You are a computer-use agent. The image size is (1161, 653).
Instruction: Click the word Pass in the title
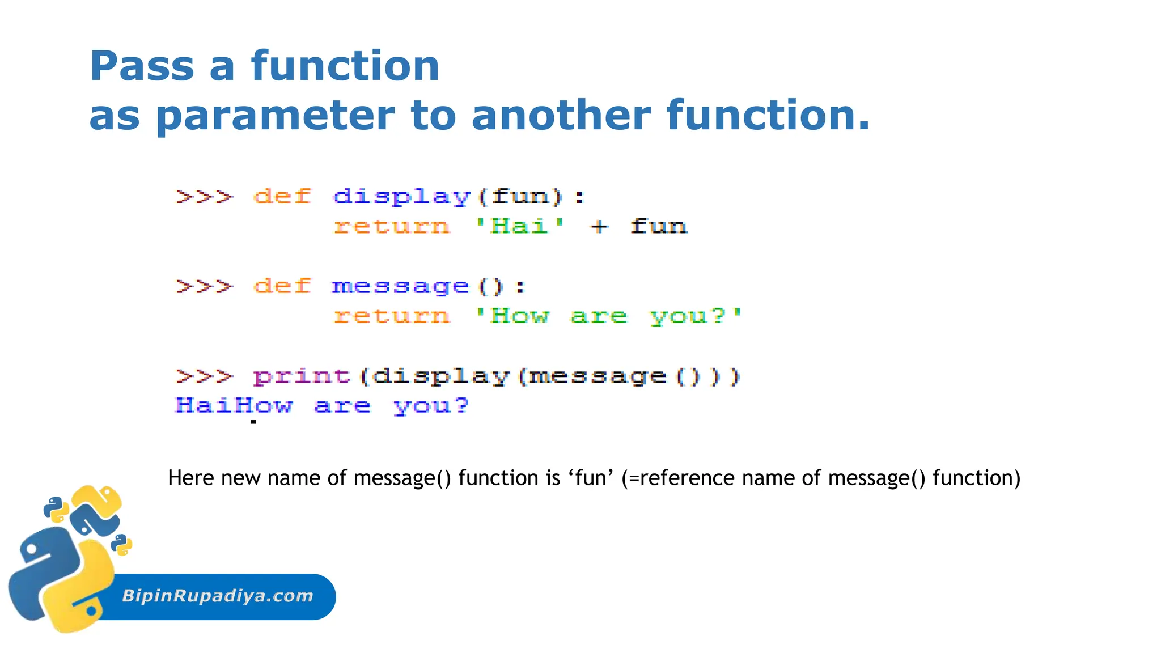click(142, 66)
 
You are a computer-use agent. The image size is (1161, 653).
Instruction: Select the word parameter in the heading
click(275, 116)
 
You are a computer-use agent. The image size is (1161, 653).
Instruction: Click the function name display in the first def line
click(402, 197)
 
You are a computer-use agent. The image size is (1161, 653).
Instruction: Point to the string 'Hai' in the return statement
click(519, 226)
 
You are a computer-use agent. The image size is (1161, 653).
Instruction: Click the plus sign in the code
click(599, 227)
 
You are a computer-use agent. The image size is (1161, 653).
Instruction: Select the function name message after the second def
click(400, 286)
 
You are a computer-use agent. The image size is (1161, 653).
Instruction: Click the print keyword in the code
click(302, 376)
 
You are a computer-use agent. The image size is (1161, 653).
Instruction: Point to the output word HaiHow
click(234, 405)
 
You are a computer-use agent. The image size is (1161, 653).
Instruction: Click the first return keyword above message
click(392, 227)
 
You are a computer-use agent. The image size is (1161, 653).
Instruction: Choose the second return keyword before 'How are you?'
click(392, 316)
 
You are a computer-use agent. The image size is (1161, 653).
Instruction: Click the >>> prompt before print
click(204, 376)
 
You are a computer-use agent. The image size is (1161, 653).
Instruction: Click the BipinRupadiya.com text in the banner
click(218, 596)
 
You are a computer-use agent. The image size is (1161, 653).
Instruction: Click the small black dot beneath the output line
click(253, 422)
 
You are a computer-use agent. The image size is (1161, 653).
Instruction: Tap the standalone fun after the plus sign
click(658, 227)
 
